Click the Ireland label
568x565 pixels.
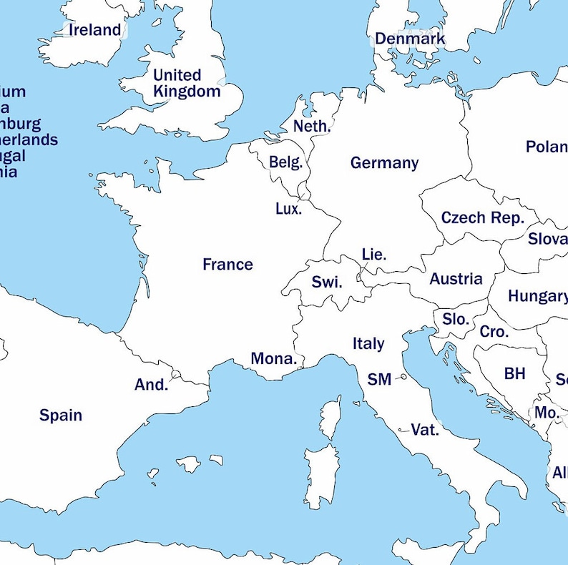[x=94, y=30]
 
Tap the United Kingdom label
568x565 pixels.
[x=187, y=83]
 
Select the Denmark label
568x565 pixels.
[x=409, y=39]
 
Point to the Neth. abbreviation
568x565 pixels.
[x=312, y=127]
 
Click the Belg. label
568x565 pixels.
[x=286, y=162]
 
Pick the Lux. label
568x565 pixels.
[x=289, y=209]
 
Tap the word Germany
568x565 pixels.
[x=384, y=163]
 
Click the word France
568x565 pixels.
[x=227, y=265]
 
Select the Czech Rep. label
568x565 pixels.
[x=482, y=217]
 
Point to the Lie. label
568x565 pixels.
[x=374, y=254]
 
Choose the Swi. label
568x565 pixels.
[x=327, y=282]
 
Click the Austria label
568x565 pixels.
[x=456, y=279]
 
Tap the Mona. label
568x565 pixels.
[x=273, y=359]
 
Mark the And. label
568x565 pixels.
[x=151, y=385]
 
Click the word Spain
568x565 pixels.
[x=61, y=416]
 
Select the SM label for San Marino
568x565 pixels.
[x=379, y=380]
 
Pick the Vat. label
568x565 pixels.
[x=425, y=430]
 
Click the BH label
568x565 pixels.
[x=514, y=373]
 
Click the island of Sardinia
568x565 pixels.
[x=320, y=476]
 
